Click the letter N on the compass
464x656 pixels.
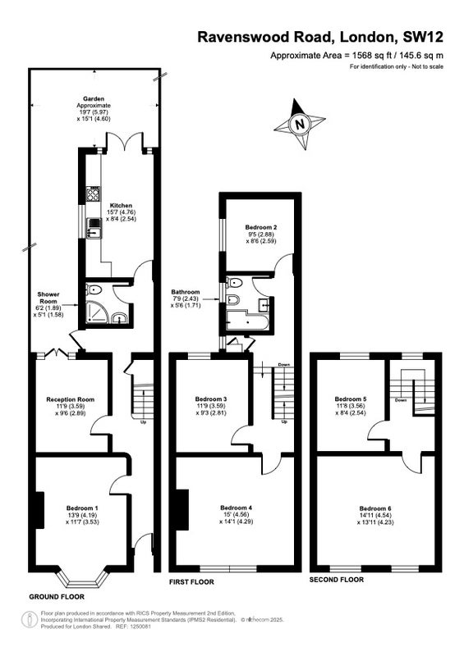pyautogui.click(x=299, y=125)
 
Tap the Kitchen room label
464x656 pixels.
pyautogui.click(x=122, y=206)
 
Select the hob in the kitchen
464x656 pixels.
pyautogui.click(x=93, y=194)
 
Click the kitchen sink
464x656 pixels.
pyautogui.click(x=94, y=229)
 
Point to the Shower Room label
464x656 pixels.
pyautogui.click(x=48, y=298)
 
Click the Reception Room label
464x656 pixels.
pyautogui.click(x=71, y=399)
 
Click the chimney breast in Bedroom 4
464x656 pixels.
pyautogui.click(x=183, y=509)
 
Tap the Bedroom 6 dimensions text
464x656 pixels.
pyautogui.click(x=375, y=519)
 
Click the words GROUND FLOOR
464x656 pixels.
pyautogui.click(x=57, y=597)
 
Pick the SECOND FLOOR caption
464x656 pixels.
pyautogui.click(x=337, y=580)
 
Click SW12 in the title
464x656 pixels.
pyautogui.click(x=422, y=37)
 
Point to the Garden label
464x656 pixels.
pyautogui.click(x=94, y=98)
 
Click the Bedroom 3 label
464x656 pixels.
pyautogui.click(x=211, y=399)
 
